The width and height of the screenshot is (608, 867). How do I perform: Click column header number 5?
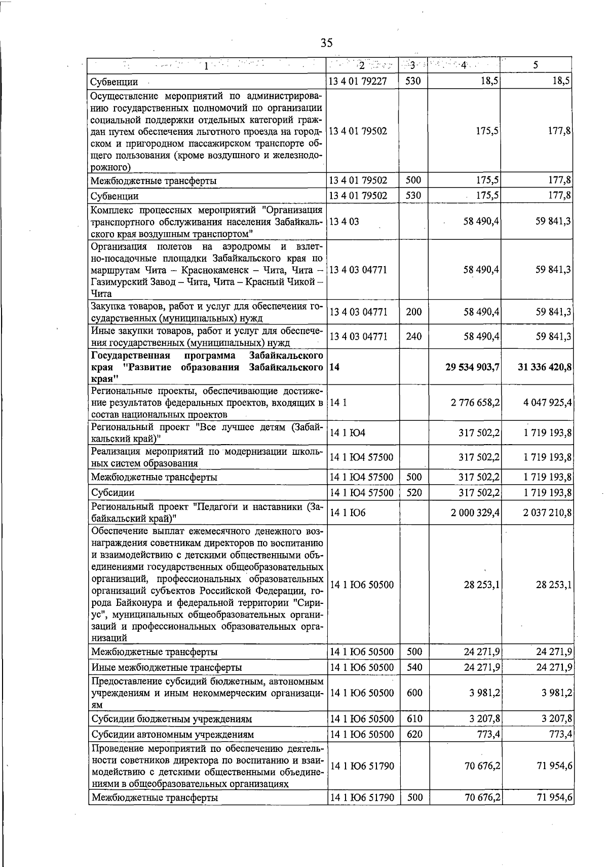pyautogui.click(x=536, y=65)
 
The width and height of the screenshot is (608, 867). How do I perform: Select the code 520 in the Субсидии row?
pyautogui.click(x=414, y=492)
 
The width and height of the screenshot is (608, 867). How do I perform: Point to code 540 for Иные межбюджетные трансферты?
pyautogui.click(x=414, y=667)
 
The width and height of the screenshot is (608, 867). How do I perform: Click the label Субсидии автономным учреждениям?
pyautogui.click(x=172, y=734)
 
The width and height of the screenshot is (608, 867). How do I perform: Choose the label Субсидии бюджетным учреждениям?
pyautogui.click(x=171, y=719)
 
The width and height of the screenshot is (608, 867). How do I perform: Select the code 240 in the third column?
pyautogui.click(x=414, y=336)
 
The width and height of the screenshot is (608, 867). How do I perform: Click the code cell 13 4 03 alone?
pyautogui.click(x=344, y=222)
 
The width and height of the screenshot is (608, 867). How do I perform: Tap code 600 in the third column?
pyautogui.click(x=414, y=693)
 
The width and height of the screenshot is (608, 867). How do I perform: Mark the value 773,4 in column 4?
pyautogui.click(x=489, y=734)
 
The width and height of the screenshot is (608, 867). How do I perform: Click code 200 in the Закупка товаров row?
pyautogui.click(x=414, y=312)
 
